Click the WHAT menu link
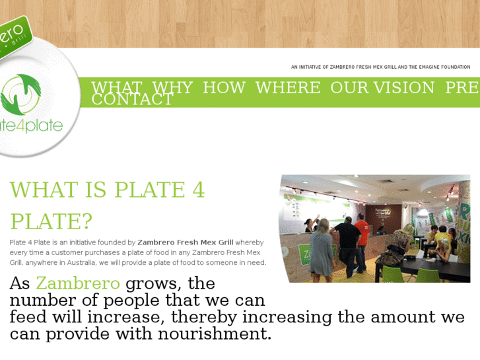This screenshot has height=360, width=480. (116, 87)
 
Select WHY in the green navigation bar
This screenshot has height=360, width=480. (172, 87)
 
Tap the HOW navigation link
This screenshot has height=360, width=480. (224, 87)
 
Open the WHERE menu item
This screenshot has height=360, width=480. (287, 87)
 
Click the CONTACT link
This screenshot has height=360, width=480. (132, 100)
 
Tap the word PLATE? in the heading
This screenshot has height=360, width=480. (51, 221)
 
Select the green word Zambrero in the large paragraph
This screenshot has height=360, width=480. (78, 283)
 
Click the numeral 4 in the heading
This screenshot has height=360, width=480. (199, 190)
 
